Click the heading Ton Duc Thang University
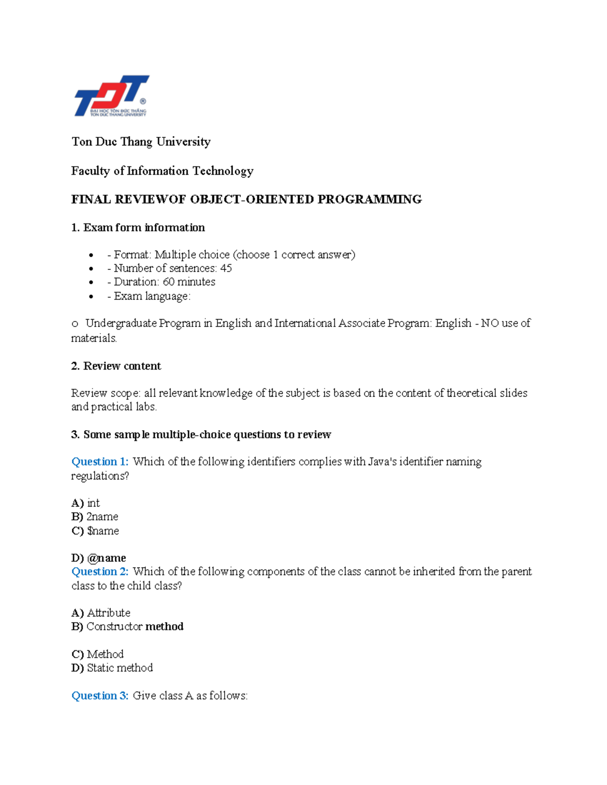[141, 142]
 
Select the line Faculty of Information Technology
[162, 171]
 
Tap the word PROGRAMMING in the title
[369, 199]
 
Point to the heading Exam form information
[144, 227]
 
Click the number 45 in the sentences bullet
[226, 268]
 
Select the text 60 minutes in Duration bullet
[189, 282]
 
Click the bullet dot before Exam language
[91, 296]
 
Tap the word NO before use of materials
[490, 323]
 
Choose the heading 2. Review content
[116, 366]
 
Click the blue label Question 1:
[100, 461]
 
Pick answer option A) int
[86, 503]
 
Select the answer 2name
[102, 517]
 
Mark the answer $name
[103, 531]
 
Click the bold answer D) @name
[99, 558]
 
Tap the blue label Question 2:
[100, 572]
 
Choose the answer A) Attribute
[101, 613]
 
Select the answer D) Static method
[112, 668]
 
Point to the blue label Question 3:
[100, 696]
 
